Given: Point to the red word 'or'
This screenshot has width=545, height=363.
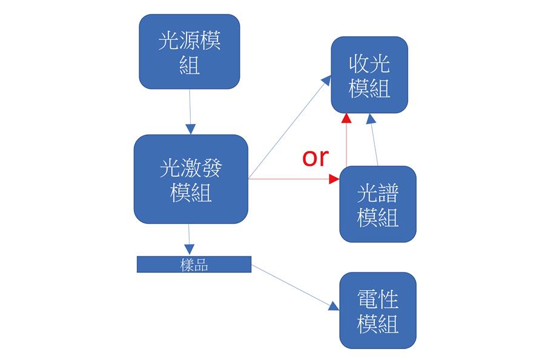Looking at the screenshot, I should pos(315,157).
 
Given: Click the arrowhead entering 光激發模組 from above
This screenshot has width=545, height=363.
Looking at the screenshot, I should pos(190,129).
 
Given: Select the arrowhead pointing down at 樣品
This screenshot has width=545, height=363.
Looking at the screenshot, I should pos(189,249).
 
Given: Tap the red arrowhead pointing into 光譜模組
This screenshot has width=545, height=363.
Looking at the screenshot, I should pos(334,179).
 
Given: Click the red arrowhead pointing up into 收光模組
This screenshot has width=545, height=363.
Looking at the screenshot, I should pos(346,117).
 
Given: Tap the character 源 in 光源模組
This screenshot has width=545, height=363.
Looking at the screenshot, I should pos(190,42).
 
